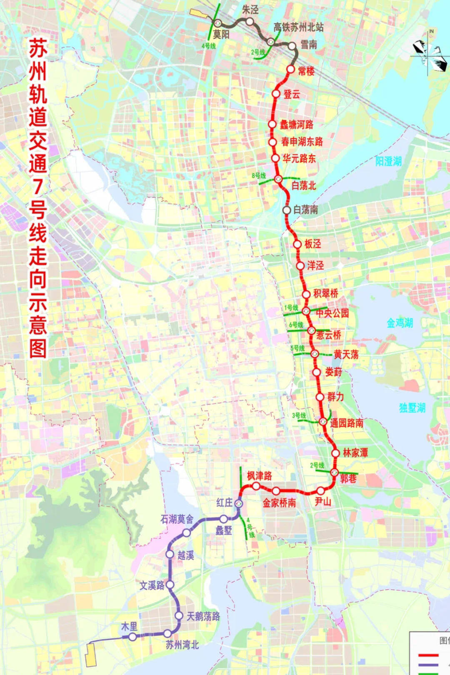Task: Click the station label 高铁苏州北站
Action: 298,27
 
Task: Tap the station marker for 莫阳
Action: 217,23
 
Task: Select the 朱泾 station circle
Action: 249,21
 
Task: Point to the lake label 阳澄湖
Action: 388,161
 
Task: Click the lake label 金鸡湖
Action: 400,323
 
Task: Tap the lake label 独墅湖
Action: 412,408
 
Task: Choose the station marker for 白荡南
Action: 287,210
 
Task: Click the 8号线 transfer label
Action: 259,176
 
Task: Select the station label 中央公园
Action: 332,313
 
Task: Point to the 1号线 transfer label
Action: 291,308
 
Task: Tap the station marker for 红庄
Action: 239,503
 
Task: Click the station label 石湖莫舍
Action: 177,519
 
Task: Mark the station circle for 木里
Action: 132,637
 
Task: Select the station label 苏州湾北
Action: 182,645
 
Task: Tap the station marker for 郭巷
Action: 334,472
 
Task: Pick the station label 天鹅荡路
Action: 203,616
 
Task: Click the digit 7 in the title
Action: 38,186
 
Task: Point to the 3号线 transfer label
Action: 299,416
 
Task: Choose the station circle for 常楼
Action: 291,69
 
